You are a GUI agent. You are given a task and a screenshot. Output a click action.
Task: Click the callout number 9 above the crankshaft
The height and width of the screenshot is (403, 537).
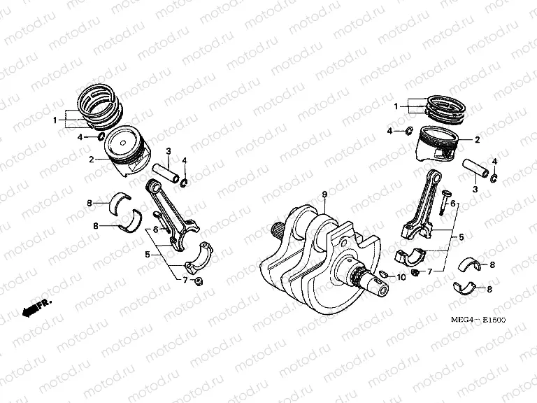point(324,193)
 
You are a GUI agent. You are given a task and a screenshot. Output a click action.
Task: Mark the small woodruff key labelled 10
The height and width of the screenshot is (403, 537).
point(384,271)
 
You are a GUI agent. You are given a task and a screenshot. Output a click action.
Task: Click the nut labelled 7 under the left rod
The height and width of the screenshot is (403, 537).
point(199,281)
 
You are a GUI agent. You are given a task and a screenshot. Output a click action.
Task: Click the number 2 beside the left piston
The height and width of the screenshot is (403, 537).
point(91,160)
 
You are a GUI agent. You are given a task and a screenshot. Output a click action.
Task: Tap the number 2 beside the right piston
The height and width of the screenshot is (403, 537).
point(478,139)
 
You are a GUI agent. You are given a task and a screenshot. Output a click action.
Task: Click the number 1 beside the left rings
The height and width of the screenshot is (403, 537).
point(55,120)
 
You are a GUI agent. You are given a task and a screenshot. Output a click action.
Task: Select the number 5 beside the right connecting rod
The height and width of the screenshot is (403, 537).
point(461,238)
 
